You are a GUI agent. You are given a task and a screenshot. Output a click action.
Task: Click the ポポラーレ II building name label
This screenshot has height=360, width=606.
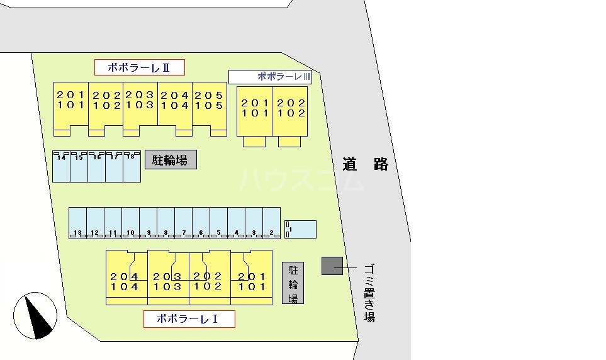[139, 67]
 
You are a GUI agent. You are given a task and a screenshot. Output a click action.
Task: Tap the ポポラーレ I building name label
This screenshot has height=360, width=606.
[189, 319]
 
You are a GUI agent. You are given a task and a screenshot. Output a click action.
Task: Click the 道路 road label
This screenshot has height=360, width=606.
[366, 165]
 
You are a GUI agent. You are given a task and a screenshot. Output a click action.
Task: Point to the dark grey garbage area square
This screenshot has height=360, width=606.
[332, 266]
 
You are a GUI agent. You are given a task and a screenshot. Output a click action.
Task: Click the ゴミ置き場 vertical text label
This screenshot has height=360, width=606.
[369, 293]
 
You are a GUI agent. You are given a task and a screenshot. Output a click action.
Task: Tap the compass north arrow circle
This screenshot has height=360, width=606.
[35, 315]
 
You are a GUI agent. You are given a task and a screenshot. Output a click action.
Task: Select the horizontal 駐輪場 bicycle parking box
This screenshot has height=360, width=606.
[171, 160]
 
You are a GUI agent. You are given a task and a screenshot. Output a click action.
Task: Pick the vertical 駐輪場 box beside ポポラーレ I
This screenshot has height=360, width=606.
[293, 283]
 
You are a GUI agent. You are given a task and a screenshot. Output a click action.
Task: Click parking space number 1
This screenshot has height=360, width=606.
[301, 230]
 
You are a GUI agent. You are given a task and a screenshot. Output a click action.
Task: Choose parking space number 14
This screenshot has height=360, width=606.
[61, 167]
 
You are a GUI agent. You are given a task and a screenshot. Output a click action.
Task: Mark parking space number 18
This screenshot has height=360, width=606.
[132, 167]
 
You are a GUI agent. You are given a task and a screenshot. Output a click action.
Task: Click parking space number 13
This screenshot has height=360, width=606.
[77, 223]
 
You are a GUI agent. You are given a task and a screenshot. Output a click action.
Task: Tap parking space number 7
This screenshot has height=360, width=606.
[183, 223]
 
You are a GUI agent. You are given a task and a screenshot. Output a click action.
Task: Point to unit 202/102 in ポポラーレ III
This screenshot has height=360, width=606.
[291, 111]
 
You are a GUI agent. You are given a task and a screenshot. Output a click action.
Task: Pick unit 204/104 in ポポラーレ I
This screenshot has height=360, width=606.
[126, 277]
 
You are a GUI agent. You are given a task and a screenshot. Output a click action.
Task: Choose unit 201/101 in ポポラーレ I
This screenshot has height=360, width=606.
[251, 277]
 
